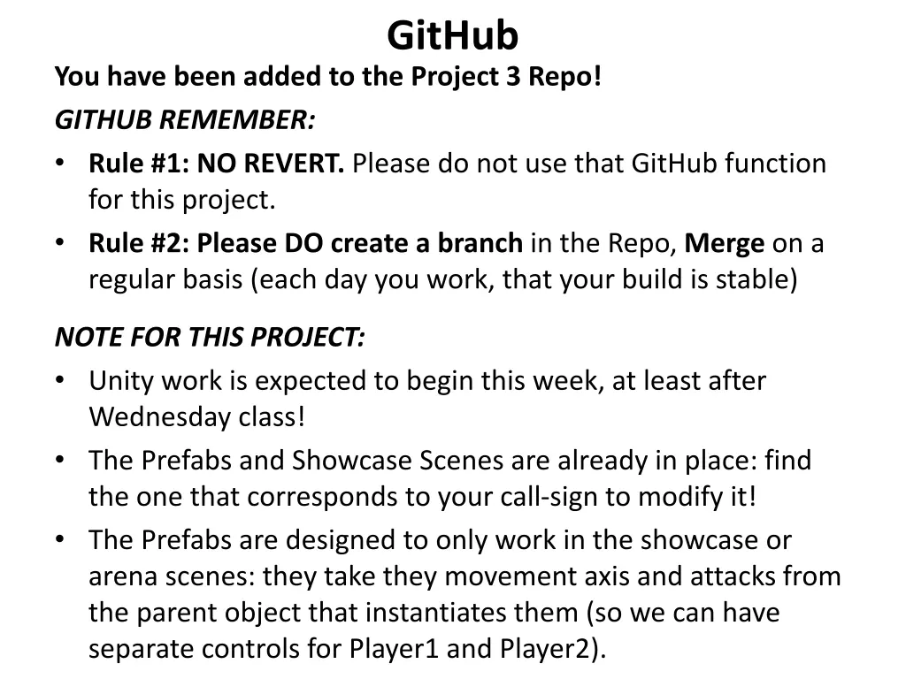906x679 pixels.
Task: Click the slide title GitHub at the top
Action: [452, 36]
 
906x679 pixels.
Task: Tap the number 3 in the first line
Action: [512, 78]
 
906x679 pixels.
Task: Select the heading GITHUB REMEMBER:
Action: [185, 120]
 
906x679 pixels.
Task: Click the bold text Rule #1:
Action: [139, 164]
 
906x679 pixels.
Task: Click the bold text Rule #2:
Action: [139, 243]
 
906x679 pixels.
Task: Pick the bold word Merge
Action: [726, 243]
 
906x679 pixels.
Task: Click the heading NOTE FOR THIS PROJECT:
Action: [210, 337]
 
